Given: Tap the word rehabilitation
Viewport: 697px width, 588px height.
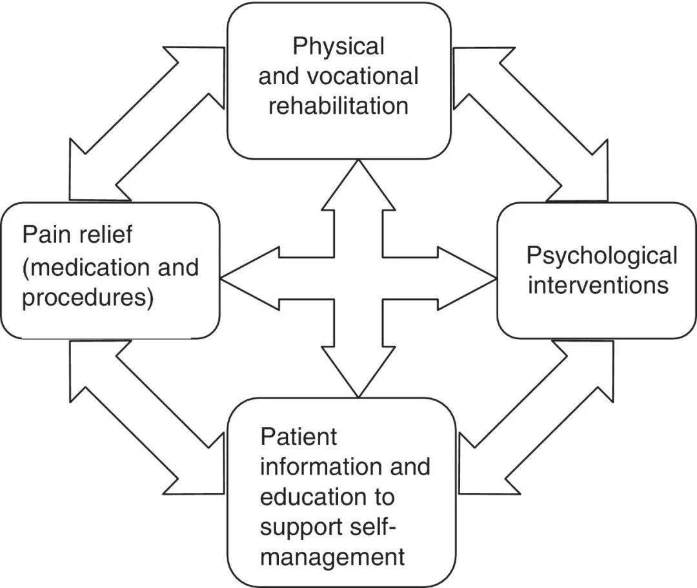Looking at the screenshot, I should point(338,105).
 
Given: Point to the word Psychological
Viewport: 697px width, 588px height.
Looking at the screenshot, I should point(601,256).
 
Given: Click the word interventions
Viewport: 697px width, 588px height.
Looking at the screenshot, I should point(598,285).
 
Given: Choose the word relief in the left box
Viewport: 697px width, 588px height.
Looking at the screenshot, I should point(102,234).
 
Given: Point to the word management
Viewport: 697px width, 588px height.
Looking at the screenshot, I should point(332,557).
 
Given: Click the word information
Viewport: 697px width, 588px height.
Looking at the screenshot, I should point(316,467).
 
